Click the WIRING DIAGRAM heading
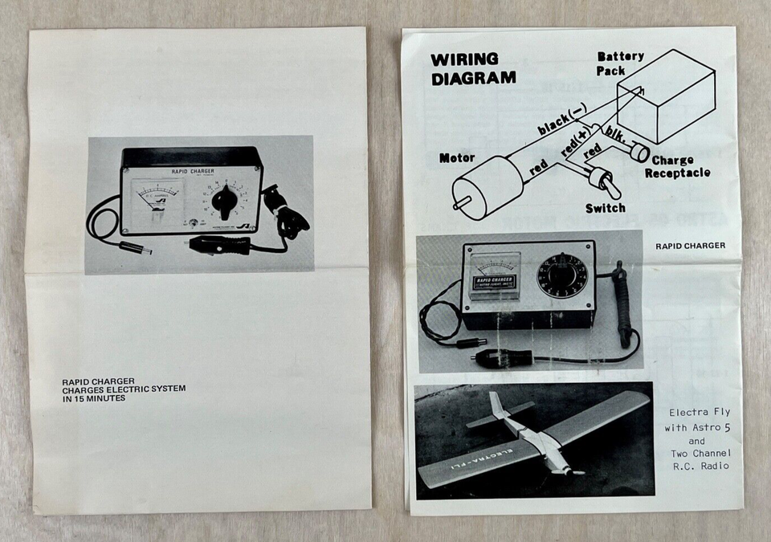tap(473, 69)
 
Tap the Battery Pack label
tap(620, 63)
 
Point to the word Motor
tap(456, 158)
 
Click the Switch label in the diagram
tap(605, 208)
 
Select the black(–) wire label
tap(562, 121)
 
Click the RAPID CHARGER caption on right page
tap(690, 246)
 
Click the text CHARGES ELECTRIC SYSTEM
tap(124, 389)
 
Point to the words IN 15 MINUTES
tap(93, 398)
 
